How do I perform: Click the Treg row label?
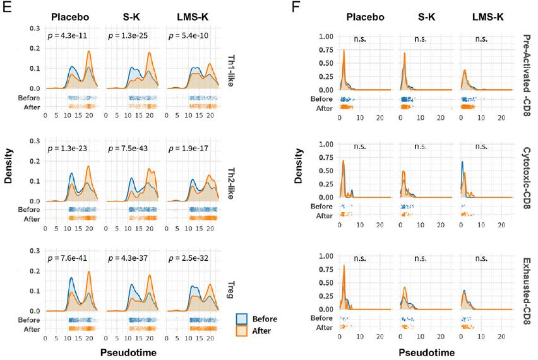pyautogui.click(x=229, y=284)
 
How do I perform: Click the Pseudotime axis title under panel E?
pyautogui.click(x=131, y=351)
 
